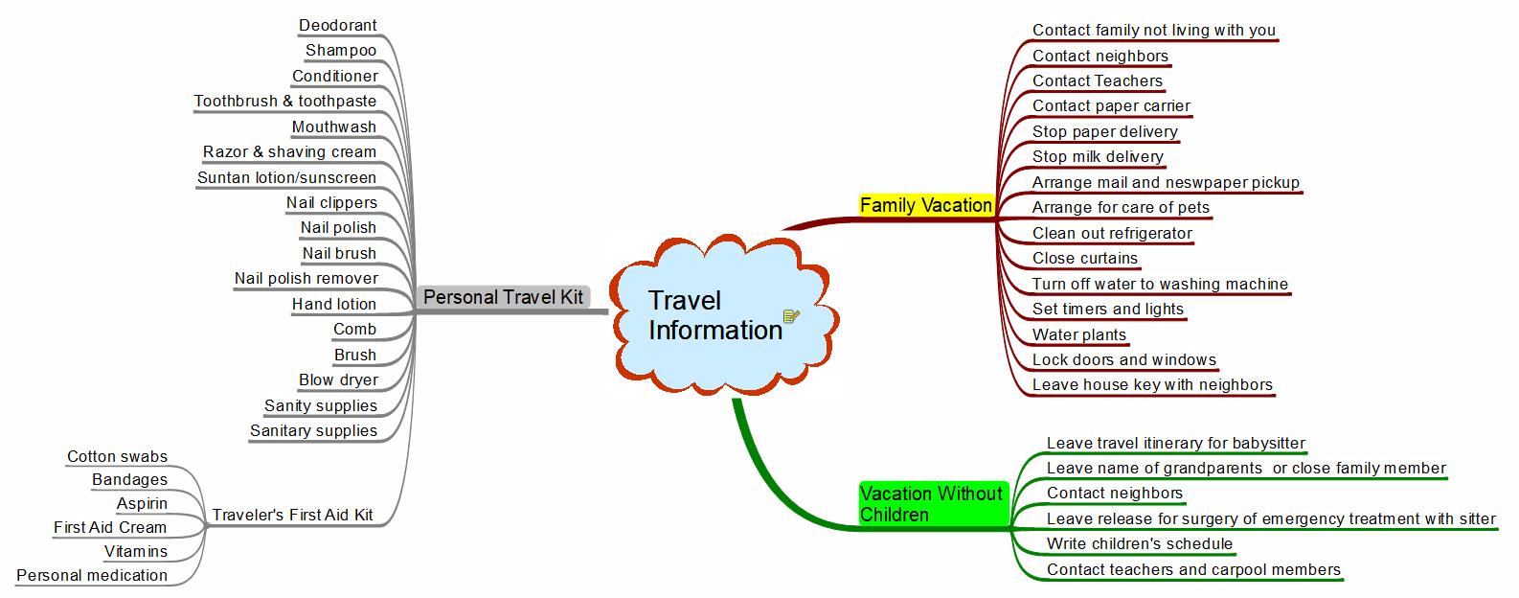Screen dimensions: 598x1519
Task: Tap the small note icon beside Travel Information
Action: pyautogui.click(x=791, y=316)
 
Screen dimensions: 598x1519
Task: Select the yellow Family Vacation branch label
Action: pyautogui.click(x=925, y=205)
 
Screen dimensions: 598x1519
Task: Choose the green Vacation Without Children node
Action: pyautogui.click(x=931, y=504)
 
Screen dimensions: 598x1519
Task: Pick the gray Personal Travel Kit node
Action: pyautogui.click(x=503, y=297)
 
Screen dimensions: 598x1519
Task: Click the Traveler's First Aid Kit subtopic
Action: pyautogui.click(x=292, y=515)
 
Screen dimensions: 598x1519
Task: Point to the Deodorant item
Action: pyautogui.click(x=337, y=26)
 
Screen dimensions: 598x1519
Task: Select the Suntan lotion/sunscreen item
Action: pyautogui.click(x=286, y=177)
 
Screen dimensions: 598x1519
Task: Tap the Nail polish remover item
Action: pyautogui.click(x=306, y=279)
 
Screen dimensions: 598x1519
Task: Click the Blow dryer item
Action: pyautogui.click(x=338, y=380)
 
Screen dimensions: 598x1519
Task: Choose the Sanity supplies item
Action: pyautogui.click(x=320, y=405)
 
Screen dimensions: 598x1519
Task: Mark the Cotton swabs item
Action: pyautogui.click(x=117, y=457)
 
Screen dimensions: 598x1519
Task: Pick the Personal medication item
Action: pyautogui.click(x=92, y=576)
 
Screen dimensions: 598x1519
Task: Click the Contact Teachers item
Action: pyautogui.click(x=1097, y=81)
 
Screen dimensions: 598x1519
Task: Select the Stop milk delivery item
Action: pyautogui.click(x=1098, y=157)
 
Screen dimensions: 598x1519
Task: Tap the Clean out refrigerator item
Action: pyautogui.click(x=1112, y=233)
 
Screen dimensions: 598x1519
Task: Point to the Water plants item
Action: pyautogui.click(x=1078, y=335)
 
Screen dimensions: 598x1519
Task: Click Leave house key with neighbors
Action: pyautogui.click(x=1152, y=385)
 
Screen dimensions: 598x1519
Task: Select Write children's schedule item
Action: pyautogui.click(x=1140, y=544)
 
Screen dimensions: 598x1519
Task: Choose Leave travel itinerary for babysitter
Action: pyautogui.click(x=1175, y=443)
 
